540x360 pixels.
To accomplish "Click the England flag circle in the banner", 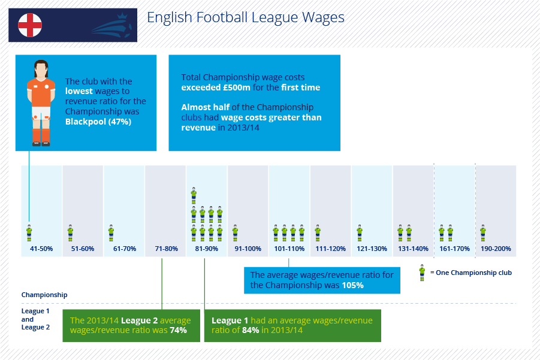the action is [x=30, y=25].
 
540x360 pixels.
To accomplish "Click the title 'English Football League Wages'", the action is [x=246, y=17].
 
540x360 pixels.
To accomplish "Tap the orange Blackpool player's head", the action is [x=41, y=69].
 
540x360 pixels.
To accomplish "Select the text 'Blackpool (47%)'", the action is [x=98, y=122].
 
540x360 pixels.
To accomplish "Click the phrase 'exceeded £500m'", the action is [x=216, y=87].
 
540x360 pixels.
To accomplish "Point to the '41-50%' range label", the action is [x=41, y=249].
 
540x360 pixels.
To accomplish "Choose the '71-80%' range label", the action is [x=167, y=249].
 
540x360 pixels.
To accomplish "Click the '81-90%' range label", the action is [x=207, y=249].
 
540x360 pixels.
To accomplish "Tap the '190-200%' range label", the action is [x=496, y=249].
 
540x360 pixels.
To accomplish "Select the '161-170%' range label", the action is [x=454, y=249].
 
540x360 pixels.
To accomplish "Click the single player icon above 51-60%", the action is [x=70, y=233].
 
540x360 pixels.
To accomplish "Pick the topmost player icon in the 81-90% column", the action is [x=194, y=195].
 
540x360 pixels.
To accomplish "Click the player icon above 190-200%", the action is [x=483, y=233].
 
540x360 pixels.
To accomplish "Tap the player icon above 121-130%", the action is [x=360, y=233].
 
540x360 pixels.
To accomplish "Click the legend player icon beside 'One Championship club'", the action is [x=422, y=273].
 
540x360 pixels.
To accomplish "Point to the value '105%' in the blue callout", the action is [x=352, y=285].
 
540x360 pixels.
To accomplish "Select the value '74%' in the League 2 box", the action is [x=179, y=331].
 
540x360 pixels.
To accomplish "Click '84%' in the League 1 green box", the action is [x=251, y=331].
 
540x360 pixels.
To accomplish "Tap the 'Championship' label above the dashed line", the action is [x=44, y=295].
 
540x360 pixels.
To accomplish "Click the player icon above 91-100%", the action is [x=235, y=233].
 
